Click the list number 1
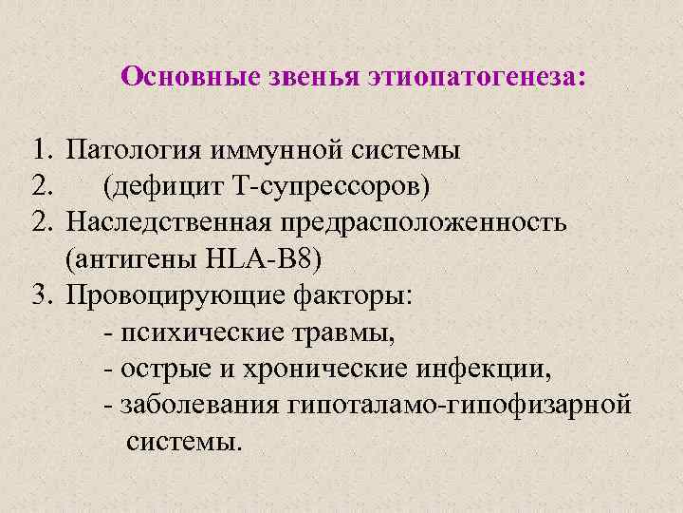pos(39,150)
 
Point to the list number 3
pos(39,294)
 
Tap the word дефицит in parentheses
pos(164,186)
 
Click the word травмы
pos(350,332)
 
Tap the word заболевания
pos(195,404)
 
